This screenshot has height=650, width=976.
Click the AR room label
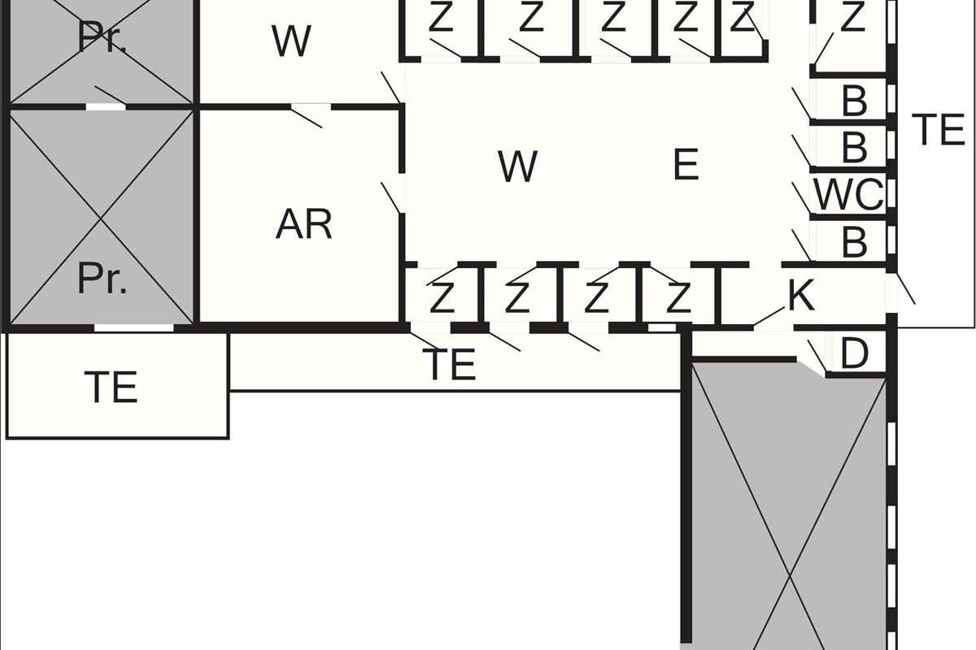coord(303,224)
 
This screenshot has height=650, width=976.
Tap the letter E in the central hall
coord(686,165)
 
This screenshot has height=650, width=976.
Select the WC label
coord(849,195)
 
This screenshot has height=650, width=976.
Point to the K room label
coord(801,295)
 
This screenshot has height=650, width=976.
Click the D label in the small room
coord(854,353)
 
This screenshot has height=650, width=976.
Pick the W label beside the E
coord(517,167)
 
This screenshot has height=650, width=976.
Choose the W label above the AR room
coord(291,41)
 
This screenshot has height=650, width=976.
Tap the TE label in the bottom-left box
coord(111,387)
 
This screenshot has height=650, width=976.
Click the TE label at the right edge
coord(938,129)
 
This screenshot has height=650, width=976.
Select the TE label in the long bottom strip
coord(449,364)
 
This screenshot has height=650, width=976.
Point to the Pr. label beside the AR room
coord(102,279)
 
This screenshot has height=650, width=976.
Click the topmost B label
coord(855,101)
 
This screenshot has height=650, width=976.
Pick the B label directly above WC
coord(855,147)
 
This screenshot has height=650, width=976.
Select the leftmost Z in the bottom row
coord(442,298)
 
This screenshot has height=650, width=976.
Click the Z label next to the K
coord(679,298)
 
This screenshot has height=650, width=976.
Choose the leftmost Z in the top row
coord(441,16)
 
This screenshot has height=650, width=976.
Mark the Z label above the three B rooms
coord(852,16)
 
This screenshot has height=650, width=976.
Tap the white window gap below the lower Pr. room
coord(133,327)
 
